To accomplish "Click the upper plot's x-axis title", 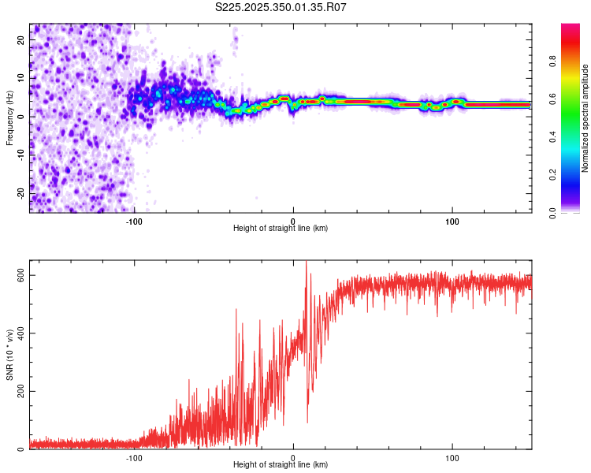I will (x=281, y=228).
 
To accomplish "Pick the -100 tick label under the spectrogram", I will (x=133, y=220).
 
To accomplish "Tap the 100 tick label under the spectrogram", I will (x=452, y=220).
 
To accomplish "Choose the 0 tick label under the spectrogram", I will (x=293, y=220).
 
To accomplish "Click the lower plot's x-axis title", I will (x=281, y=464).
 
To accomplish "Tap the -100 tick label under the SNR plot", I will (x=133, y=457).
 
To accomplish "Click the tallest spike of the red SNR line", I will (x=306, y=263).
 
